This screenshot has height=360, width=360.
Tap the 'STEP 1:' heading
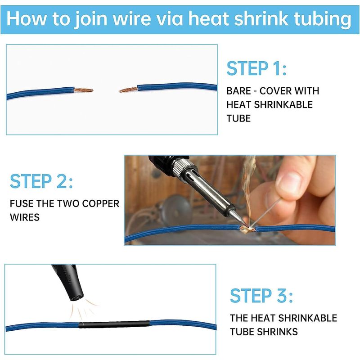click(x=256, y=68)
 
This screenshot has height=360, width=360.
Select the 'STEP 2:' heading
click(x=41, y=181)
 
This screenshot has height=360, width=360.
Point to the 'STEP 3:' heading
click(x=261, y=296)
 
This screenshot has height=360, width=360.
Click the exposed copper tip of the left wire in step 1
click(x=84, y=90)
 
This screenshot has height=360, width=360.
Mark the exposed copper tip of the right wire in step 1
click(x=128, y=90)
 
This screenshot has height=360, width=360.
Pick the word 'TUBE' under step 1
click(x=238, y=118)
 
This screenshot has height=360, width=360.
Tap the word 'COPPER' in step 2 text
click(x=100, y=204)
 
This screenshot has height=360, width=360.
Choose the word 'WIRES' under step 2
click(x=25, y=217)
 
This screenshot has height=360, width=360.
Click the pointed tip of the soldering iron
click(x=245, y=225)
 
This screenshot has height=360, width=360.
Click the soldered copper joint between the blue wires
click(x=247, y=229)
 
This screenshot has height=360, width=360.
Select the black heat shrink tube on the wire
click(x=114, y=324)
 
